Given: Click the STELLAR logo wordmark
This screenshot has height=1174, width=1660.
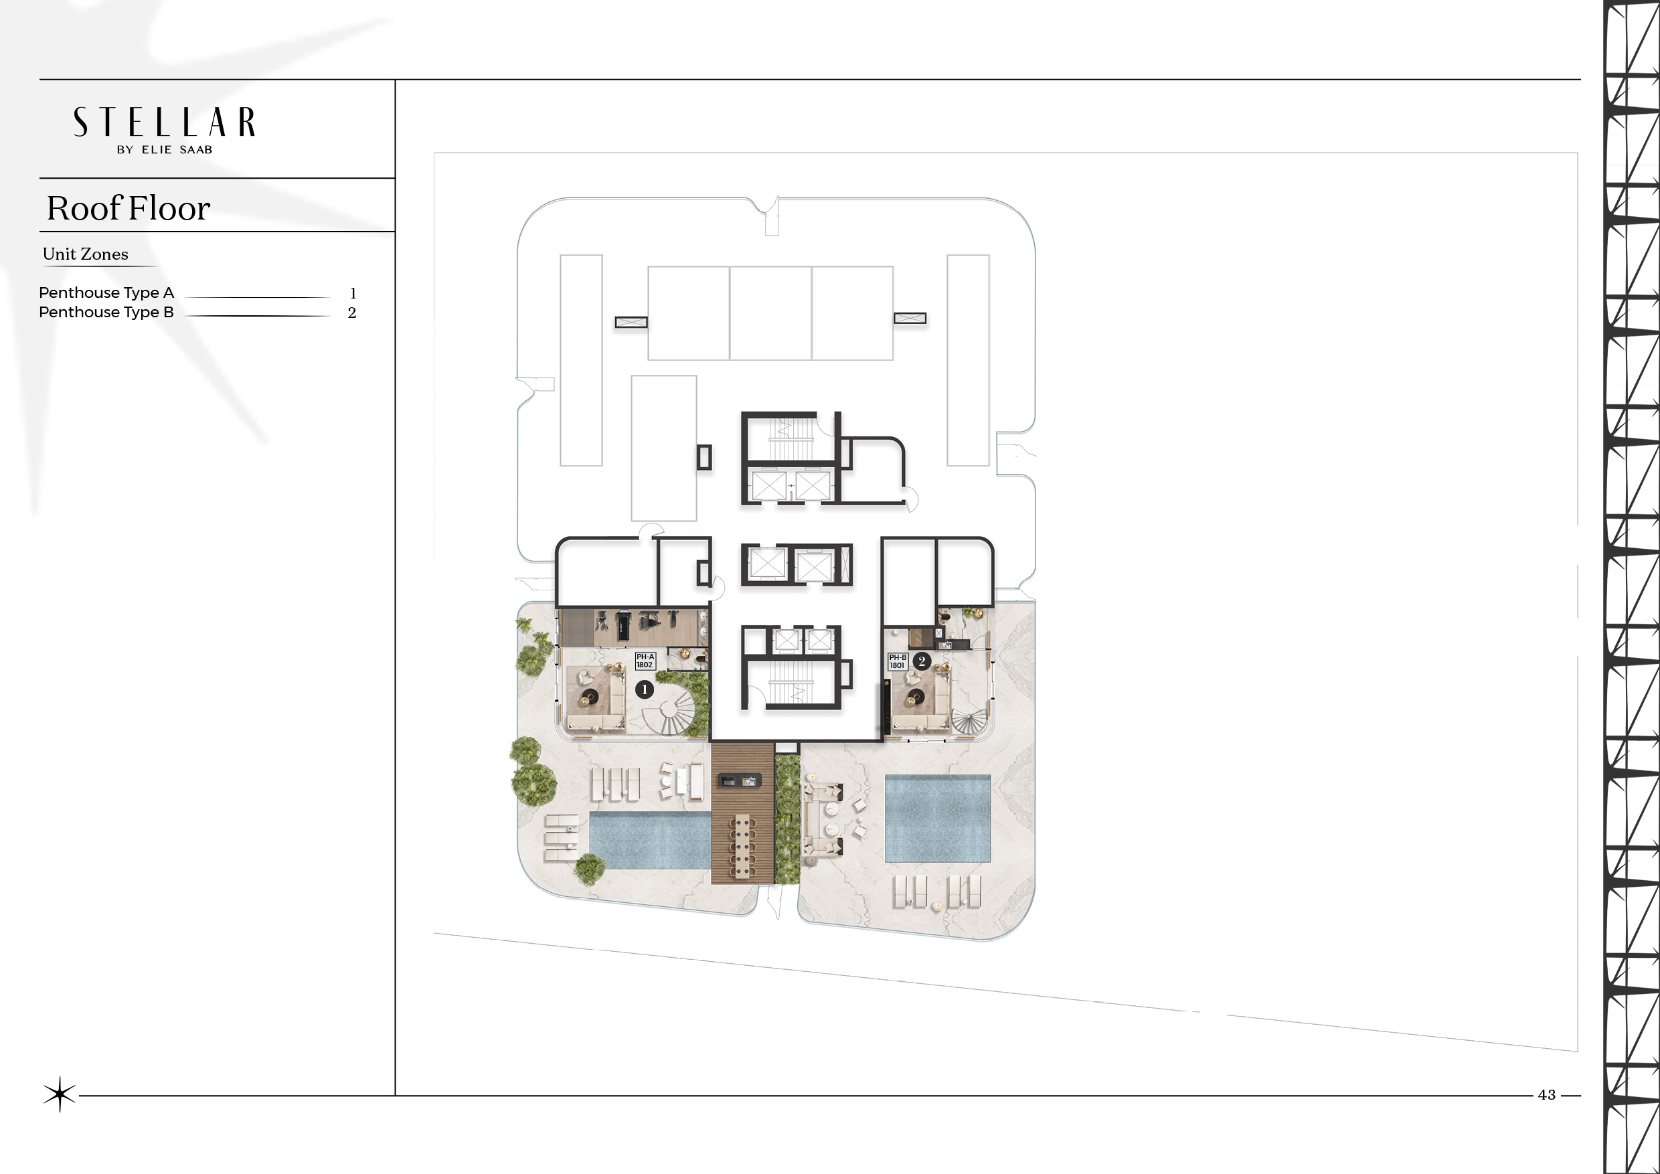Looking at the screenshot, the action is [164, 122].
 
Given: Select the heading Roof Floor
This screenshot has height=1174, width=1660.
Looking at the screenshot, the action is [129, 208].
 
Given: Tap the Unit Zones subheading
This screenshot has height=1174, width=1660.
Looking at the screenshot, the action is [85, 254].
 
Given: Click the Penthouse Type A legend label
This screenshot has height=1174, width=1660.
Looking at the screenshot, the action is [106, 292].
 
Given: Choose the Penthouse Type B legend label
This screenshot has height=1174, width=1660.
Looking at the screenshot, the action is [106, 313].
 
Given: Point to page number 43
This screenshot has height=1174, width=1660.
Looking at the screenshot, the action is [1546, 1094].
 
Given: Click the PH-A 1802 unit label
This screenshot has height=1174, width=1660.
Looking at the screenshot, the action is [645, 661].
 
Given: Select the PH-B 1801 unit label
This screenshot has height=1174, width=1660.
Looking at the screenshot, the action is [897, 661].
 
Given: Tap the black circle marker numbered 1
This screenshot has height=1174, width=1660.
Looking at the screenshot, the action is [644, 689].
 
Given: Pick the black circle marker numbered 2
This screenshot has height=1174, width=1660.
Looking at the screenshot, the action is [922, 661].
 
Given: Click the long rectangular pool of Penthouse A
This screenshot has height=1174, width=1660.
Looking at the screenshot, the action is [650, 840].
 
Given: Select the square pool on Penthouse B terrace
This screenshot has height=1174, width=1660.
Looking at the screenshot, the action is [938, 819].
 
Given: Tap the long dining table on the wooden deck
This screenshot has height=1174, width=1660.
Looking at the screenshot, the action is [742, 845].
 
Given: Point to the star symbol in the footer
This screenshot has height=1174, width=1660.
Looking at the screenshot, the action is [60, 1094].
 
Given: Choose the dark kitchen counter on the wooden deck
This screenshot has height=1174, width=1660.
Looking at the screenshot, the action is [738, 780].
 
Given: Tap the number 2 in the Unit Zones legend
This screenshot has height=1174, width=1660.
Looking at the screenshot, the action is [352, 313].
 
